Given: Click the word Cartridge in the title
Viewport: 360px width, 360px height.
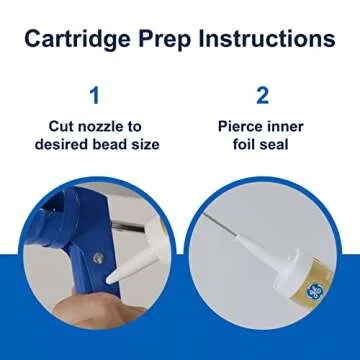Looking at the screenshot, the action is [77, 40].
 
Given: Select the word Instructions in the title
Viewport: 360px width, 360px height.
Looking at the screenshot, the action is [267, 39].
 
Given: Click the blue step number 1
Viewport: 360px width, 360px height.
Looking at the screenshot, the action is [95, 95].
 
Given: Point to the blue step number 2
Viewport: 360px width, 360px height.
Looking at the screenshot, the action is [262, 95].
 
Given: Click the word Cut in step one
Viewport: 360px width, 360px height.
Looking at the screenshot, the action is [62, 127].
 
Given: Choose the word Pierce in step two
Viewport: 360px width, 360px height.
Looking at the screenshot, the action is [239, 127].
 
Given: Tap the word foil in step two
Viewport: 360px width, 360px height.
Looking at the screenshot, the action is [244, 145].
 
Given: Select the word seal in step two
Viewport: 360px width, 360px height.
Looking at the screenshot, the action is [274, 145].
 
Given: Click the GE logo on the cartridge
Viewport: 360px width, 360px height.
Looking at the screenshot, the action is [314, 291].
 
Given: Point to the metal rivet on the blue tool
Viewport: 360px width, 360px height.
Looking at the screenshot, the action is [98, 257].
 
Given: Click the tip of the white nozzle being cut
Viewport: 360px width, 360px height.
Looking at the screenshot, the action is [108, 281].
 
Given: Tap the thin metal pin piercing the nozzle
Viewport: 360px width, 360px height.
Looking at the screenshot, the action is [221, 224].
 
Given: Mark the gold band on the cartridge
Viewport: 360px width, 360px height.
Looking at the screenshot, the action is [311, 286].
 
